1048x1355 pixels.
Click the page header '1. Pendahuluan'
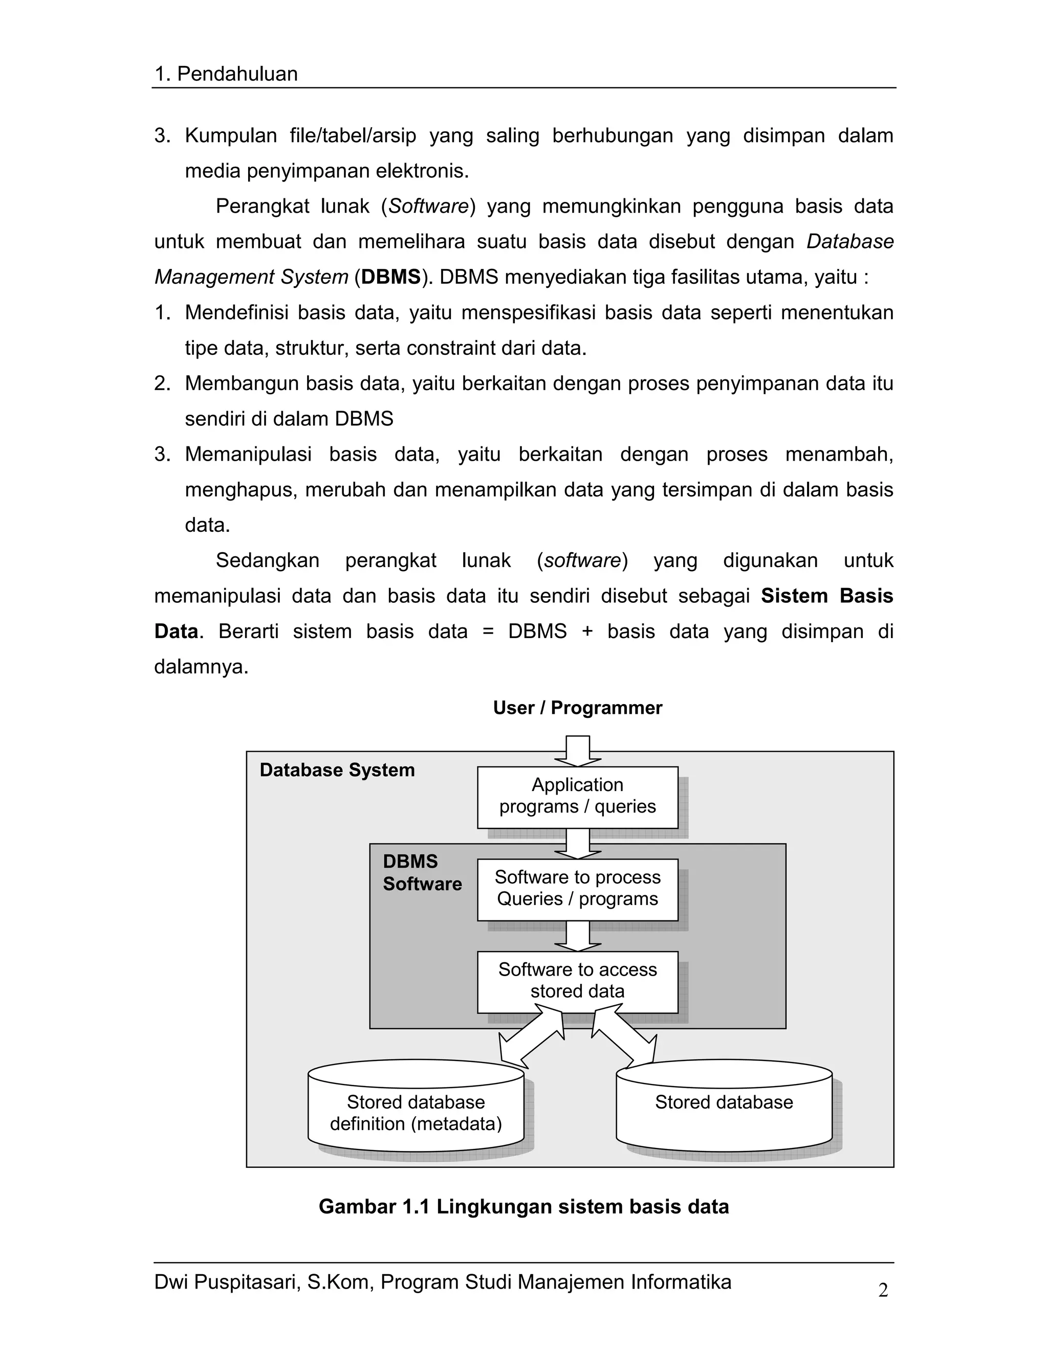point(226,75)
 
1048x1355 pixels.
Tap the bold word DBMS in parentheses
point(390,277)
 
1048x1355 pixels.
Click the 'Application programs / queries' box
point(577,797)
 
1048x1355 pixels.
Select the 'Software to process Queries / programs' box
point(577,889)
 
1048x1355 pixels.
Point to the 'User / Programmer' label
point(577,708)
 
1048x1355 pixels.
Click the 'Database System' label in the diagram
point(337,770)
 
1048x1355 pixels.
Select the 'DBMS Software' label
point(422,873)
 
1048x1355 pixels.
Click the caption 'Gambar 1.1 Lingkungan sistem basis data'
point(523,1207)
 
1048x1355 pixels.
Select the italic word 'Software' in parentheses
point(428,207)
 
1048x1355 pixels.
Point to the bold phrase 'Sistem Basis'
point(826,596)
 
